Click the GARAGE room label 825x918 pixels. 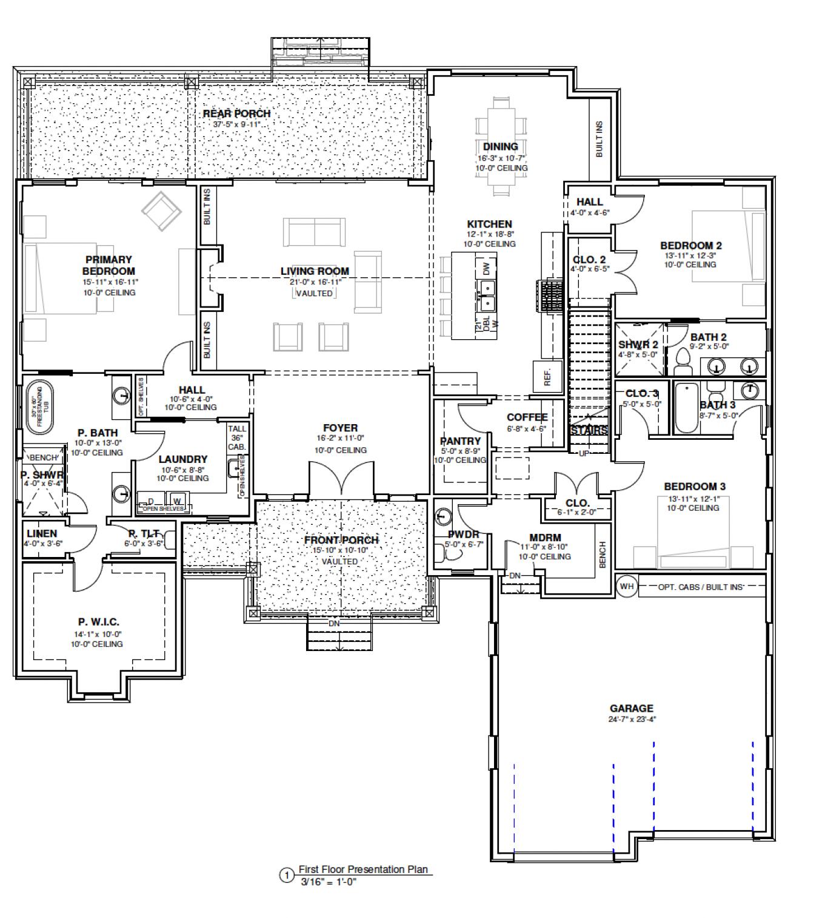[631, 708]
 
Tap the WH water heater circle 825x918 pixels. [626, 586]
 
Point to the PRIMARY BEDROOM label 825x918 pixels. [109, 265]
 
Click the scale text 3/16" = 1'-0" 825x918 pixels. [329, 882]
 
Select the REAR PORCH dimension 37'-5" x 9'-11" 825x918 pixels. [237, 124]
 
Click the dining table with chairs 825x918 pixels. [501, 146]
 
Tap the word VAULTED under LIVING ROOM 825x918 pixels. [314, 293]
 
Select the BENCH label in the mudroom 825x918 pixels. [603, 555]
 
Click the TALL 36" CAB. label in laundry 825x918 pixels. [237, 437]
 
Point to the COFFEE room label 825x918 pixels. [527, 417]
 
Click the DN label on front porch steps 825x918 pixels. [334, 624]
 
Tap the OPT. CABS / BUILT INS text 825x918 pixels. [701, 587]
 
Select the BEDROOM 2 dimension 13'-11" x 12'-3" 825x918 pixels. [690, 255]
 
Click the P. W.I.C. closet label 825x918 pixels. [98, 622]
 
